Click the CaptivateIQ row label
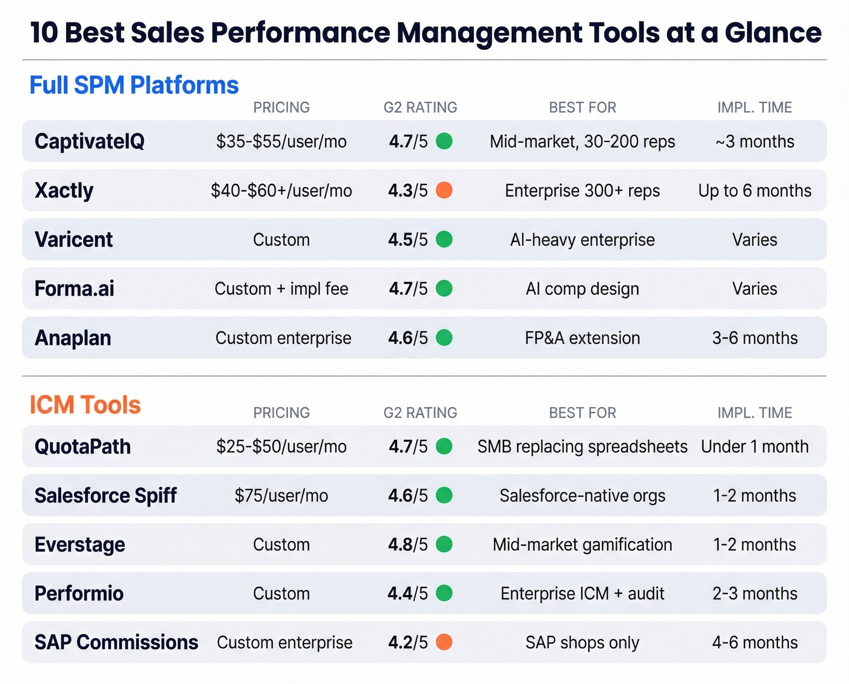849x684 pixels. tap(89, 141)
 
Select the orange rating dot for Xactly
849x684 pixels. tap(444, 191)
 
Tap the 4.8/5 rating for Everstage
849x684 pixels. tap(408, 544)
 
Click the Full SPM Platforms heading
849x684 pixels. tap(134, 86)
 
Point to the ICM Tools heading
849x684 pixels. tap(85, 405)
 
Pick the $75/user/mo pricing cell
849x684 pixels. tap(281, 496)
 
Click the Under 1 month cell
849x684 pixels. tap(754, 447)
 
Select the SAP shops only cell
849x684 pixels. tap(582, 643)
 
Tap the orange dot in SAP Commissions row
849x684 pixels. tap(444, 642)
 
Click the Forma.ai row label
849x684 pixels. tap(74, 289)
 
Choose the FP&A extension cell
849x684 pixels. tap(582, 338)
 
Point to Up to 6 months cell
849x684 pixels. tap(754, 191)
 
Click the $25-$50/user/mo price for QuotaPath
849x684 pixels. tap(281, 447)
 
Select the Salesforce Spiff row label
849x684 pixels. tap(106, 496)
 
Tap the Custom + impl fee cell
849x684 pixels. tap(281, 289)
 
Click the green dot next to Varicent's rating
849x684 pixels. tap(444, 240)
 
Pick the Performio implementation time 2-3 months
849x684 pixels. tap(754, 594)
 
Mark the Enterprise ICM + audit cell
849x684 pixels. tap(582, 594)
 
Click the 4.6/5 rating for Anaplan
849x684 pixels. tap(408, 338)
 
